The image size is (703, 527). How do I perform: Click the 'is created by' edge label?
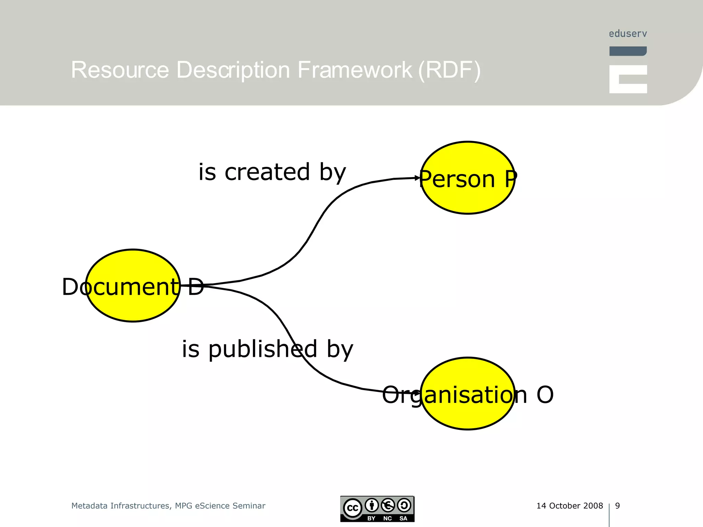(x=272, y=172)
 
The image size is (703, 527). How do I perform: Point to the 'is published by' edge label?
(x=267, y=349)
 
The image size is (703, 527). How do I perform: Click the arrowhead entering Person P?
(x=417, y=178)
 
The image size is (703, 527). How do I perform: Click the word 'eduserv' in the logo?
(x=628, y=34)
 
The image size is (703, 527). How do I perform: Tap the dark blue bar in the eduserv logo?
(x=628, y=51)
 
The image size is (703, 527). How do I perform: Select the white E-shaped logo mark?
(x=628, y=79)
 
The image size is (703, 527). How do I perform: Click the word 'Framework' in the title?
(x=355, y=70)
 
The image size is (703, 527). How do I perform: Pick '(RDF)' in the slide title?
(x=450, y=70)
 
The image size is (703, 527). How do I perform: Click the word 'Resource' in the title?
(x=120, y=70)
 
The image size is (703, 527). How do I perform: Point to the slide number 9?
(x=618, y=506)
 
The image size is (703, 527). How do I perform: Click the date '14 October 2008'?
(x=569, y=506)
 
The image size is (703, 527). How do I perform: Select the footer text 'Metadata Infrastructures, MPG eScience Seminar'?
(x=168, y=506)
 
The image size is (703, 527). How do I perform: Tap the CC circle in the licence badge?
(x=353, y=508)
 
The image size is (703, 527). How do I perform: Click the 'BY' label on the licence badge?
(x=371, y=518)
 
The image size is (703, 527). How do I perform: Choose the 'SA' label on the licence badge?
(x=403, y=518)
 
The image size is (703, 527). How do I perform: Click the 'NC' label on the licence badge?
(x=388, y=518)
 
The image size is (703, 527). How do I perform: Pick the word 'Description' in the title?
(x=233, y=70)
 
